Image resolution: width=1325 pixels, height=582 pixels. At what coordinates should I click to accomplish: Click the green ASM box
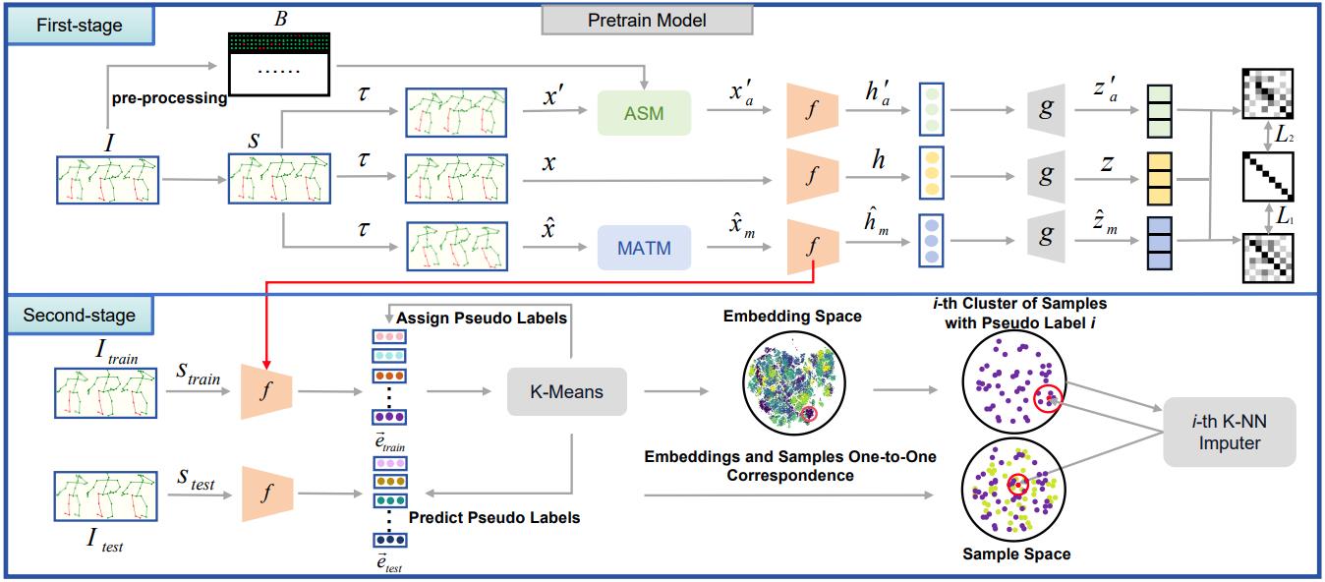644,113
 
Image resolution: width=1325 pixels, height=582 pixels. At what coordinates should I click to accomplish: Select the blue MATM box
644,248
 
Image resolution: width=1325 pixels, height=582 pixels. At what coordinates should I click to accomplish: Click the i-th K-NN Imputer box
1229,434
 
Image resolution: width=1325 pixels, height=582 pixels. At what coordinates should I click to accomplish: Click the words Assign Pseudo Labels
483,319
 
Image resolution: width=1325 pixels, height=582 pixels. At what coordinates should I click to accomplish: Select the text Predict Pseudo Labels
493,517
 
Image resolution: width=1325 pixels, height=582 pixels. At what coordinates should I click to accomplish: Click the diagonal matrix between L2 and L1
1267,177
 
